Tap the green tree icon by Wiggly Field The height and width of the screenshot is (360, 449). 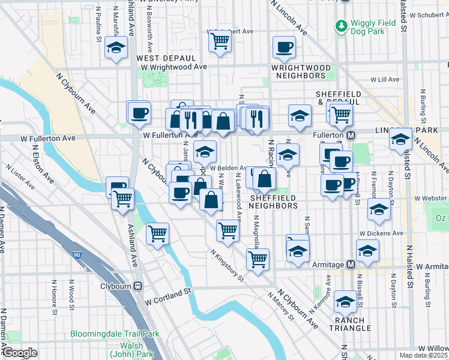point(341,26)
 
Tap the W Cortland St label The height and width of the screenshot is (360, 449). point(167,290)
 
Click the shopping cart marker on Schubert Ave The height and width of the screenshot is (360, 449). point(220,41)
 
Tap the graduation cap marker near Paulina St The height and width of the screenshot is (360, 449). point(116,47)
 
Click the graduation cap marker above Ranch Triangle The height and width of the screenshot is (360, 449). point(345,301)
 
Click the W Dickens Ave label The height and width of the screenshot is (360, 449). point(382,233)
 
